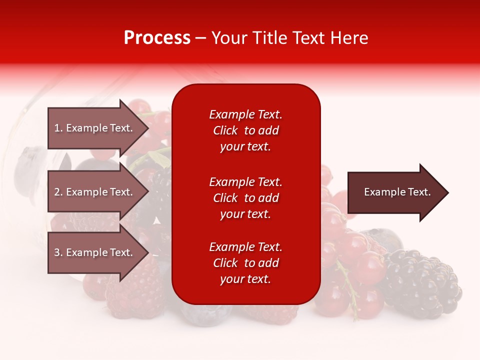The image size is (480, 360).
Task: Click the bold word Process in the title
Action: pyautogui.click(x=157, y=38)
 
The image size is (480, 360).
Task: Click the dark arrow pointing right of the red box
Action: pyautogui.click(x=395, y=192)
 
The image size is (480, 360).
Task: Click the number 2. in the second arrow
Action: pyautogui.click(x=58, y=192)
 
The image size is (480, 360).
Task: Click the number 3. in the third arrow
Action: pyautogui.click(x=58, y=252)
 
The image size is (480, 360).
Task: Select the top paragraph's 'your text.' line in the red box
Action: pyautogui.click(x=245, y=146)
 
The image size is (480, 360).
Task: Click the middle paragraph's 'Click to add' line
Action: pyautogui.click(x=245, y=198)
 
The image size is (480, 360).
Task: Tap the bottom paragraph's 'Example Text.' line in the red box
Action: pyautogui.click(x=245, y=247)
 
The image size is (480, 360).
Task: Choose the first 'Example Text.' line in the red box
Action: pyautogui.click(x=245, y=114)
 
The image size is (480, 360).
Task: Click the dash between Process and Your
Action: pyautogui.click(x=201, y=38)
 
